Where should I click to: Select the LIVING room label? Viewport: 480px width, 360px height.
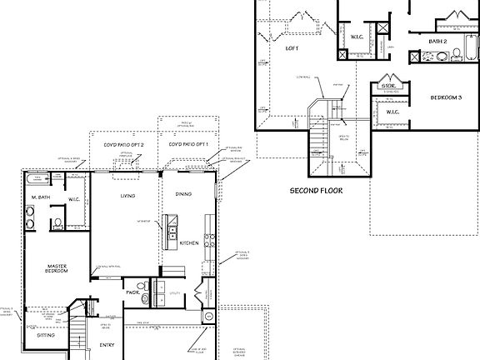point(127,197)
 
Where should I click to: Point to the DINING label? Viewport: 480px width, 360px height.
point(183,194)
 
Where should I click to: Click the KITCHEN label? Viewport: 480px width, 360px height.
point(190,242)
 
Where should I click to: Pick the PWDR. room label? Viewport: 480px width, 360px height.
point(132,292)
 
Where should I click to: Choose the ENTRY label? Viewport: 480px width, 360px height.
point(107,343)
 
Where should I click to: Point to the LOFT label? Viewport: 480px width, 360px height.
point(292,49)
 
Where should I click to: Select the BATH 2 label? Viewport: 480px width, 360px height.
point(439,41)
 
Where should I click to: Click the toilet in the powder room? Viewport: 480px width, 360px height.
point(143,297)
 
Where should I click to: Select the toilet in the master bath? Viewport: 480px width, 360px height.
point(57,223)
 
